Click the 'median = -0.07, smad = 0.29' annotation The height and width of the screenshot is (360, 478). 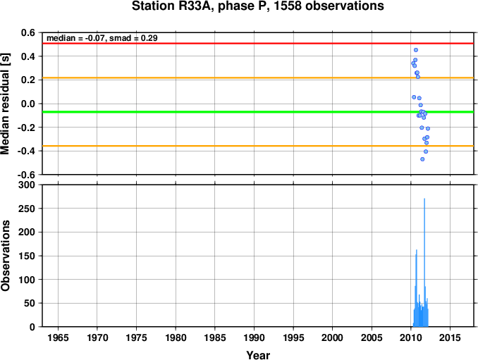click(x=102, y=38)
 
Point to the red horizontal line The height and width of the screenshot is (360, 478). click(x=258, y=44)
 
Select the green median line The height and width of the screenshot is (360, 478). click(x=258, y=112)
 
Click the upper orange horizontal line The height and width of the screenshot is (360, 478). click(x=258, y=78)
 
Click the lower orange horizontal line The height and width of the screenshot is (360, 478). click(x=258, y=147)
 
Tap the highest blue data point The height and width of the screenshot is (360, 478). click(x=416, y=50)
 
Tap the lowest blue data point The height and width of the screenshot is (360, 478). click(x=422, y=159)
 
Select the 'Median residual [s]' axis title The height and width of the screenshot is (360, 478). click(x=5, y=104)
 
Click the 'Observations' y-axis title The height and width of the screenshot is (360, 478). click(x=5, y=256)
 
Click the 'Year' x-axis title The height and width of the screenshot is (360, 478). click(x=258, y=355)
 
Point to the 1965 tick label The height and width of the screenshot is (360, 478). click(x=58, y=337)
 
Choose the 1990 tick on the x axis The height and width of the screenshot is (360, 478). click(x=255, y=337)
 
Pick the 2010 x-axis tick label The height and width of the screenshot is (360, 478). click(x=411, y=337)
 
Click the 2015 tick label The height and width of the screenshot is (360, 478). click(x=451, y=337)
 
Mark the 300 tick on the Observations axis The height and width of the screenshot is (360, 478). click(x=27, y=185)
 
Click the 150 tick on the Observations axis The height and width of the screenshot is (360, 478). click(x=27, y=256)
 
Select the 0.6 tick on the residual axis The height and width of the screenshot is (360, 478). click(x=28, y=32)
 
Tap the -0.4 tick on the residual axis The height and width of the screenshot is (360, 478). click(x=26, y=151)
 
